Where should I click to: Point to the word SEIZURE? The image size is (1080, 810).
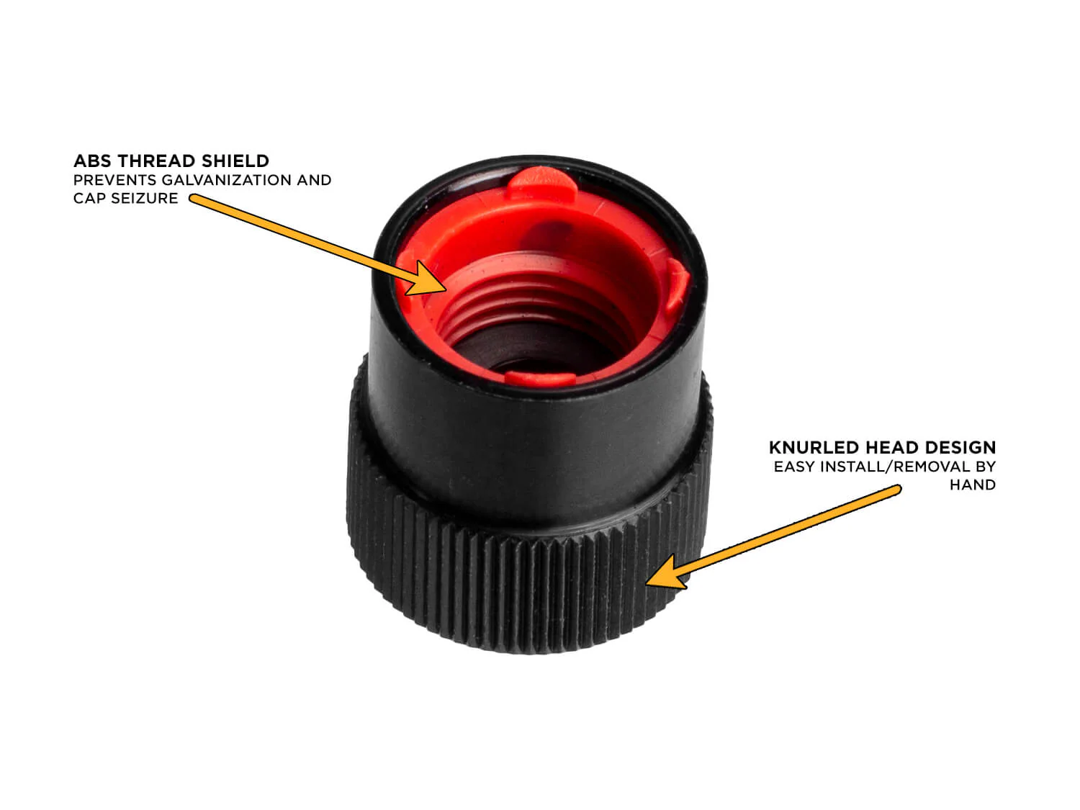click(144, 198)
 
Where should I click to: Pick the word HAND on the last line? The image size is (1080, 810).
click(973, 485)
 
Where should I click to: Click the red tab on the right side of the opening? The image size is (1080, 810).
click(677, 286)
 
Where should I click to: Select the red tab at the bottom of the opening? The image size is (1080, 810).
click(540, 378)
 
